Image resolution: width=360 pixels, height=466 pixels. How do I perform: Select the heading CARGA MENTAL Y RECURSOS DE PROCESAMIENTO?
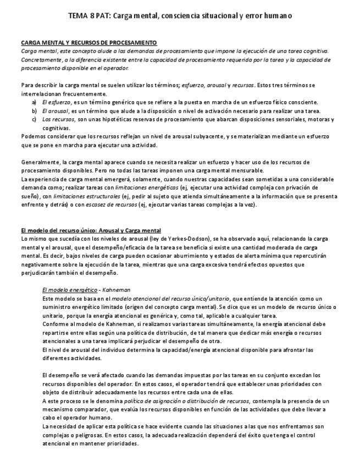click(89, 42)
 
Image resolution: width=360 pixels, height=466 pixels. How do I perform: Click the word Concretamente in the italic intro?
click(40, 59)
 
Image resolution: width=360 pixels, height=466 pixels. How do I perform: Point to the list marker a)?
click(34, 102)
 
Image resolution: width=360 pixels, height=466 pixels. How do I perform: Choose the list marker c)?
click(34, 119)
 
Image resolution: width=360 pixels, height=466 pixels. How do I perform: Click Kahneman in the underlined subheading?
click(115, 290)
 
